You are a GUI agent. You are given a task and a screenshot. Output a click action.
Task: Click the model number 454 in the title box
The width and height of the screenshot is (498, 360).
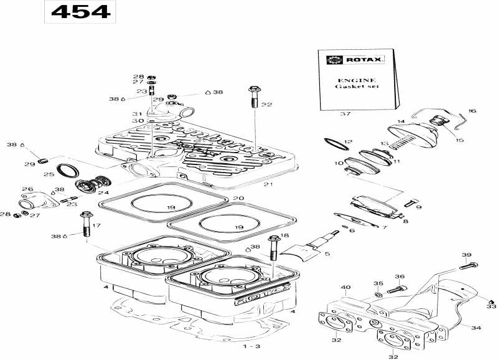[79, 11]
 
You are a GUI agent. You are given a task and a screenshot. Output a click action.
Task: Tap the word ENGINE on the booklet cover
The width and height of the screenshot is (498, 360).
[356, 80]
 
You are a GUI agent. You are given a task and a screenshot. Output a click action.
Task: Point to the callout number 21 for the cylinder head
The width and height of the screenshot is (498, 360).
[268, 184]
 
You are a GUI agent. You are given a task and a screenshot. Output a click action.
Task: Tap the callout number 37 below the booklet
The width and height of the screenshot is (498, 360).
[345, 115]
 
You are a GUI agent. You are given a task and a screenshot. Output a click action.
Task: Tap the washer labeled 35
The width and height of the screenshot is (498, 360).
[379, 293]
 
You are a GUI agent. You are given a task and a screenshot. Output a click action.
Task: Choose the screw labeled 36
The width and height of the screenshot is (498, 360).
[397, 288]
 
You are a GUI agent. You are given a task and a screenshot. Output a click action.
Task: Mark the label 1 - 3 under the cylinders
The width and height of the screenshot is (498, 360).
[251, 346]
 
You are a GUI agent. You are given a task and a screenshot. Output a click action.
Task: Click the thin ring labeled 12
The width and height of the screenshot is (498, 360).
[336, 144]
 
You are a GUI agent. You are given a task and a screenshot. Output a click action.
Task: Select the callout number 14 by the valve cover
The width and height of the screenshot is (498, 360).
[401, 121]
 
